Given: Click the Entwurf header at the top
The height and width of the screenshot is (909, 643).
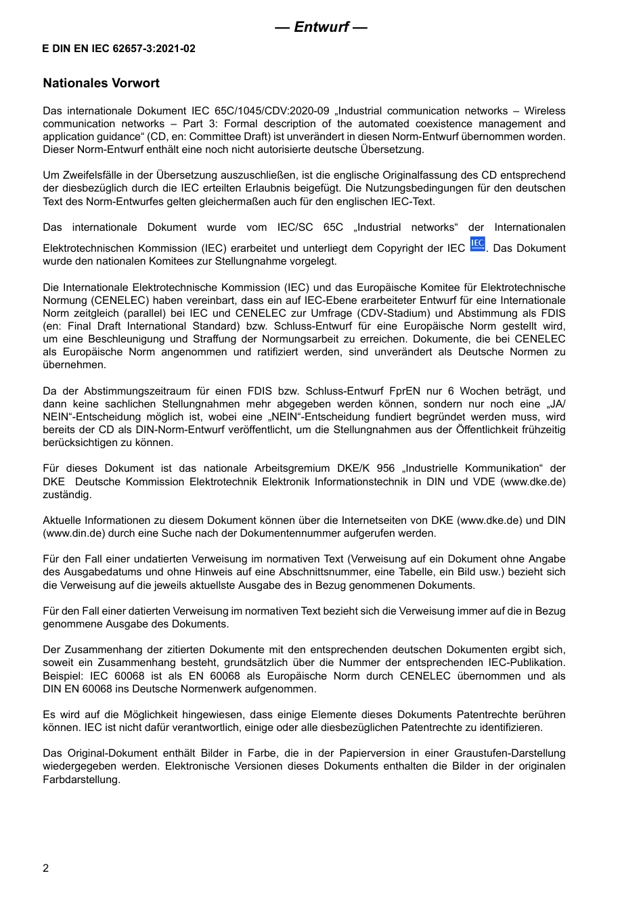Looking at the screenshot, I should (x=321, y=27).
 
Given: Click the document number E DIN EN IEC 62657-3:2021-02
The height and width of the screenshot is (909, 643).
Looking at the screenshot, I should (x=118, y=49).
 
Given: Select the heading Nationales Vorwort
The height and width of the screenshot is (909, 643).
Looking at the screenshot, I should (x=102, y=83).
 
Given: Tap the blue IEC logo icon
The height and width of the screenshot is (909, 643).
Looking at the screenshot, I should (x=477, y=244).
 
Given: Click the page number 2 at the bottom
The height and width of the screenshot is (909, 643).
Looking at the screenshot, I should (x=46, y=868).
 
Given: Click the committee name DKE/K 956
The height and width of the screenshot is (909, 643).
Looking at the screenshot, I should (x=365, y=468).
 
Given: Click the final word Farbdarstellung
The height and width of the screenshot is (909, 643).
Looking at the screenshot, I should (x=81, y=780).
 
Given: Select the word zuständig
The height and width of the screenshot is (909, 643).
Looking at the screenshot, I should (x=67, y=495).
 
